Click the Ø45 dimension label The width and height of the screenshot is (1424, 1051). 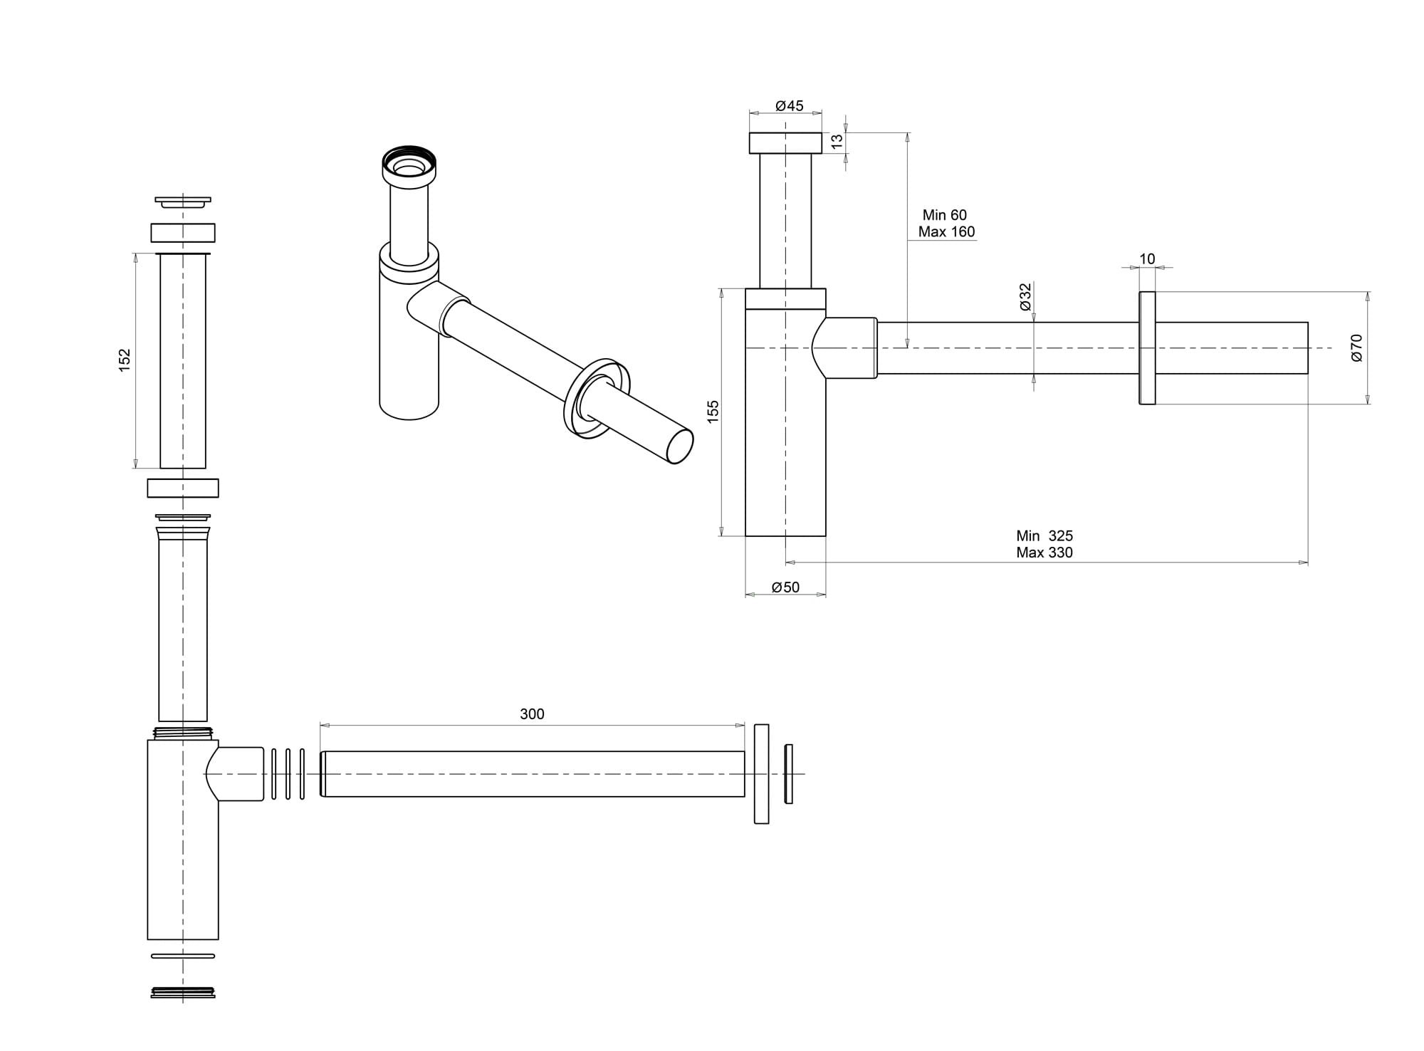coord(789,106)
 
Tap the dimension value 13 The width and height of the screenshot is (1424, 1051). coord(837,142)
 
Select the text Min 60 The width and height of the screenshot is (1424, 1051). coord(945,215)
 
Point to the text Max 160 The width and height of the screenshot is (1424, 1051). coord(946,232)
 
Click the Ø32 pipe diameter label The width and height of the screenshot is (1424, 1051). coord(1025,297)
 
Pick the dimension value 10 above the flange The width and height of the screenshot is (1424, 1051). coord(1147,259)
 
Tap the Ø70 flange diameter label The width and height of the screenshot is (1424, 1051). coord(1356,347)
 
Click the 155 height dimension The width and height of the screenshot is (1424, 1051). coord(713,412)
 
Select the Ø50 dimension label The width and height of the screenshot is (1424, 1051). coord(785,587)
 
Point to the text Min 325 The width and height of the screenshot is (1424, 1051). coord(1045,536)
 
